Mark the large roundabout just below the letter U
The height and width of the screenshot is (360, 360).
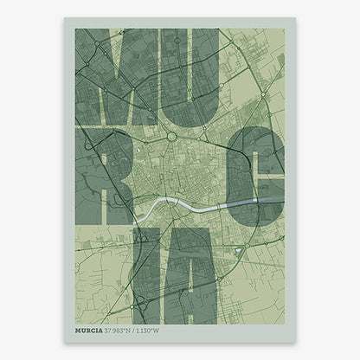point(171,136)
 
